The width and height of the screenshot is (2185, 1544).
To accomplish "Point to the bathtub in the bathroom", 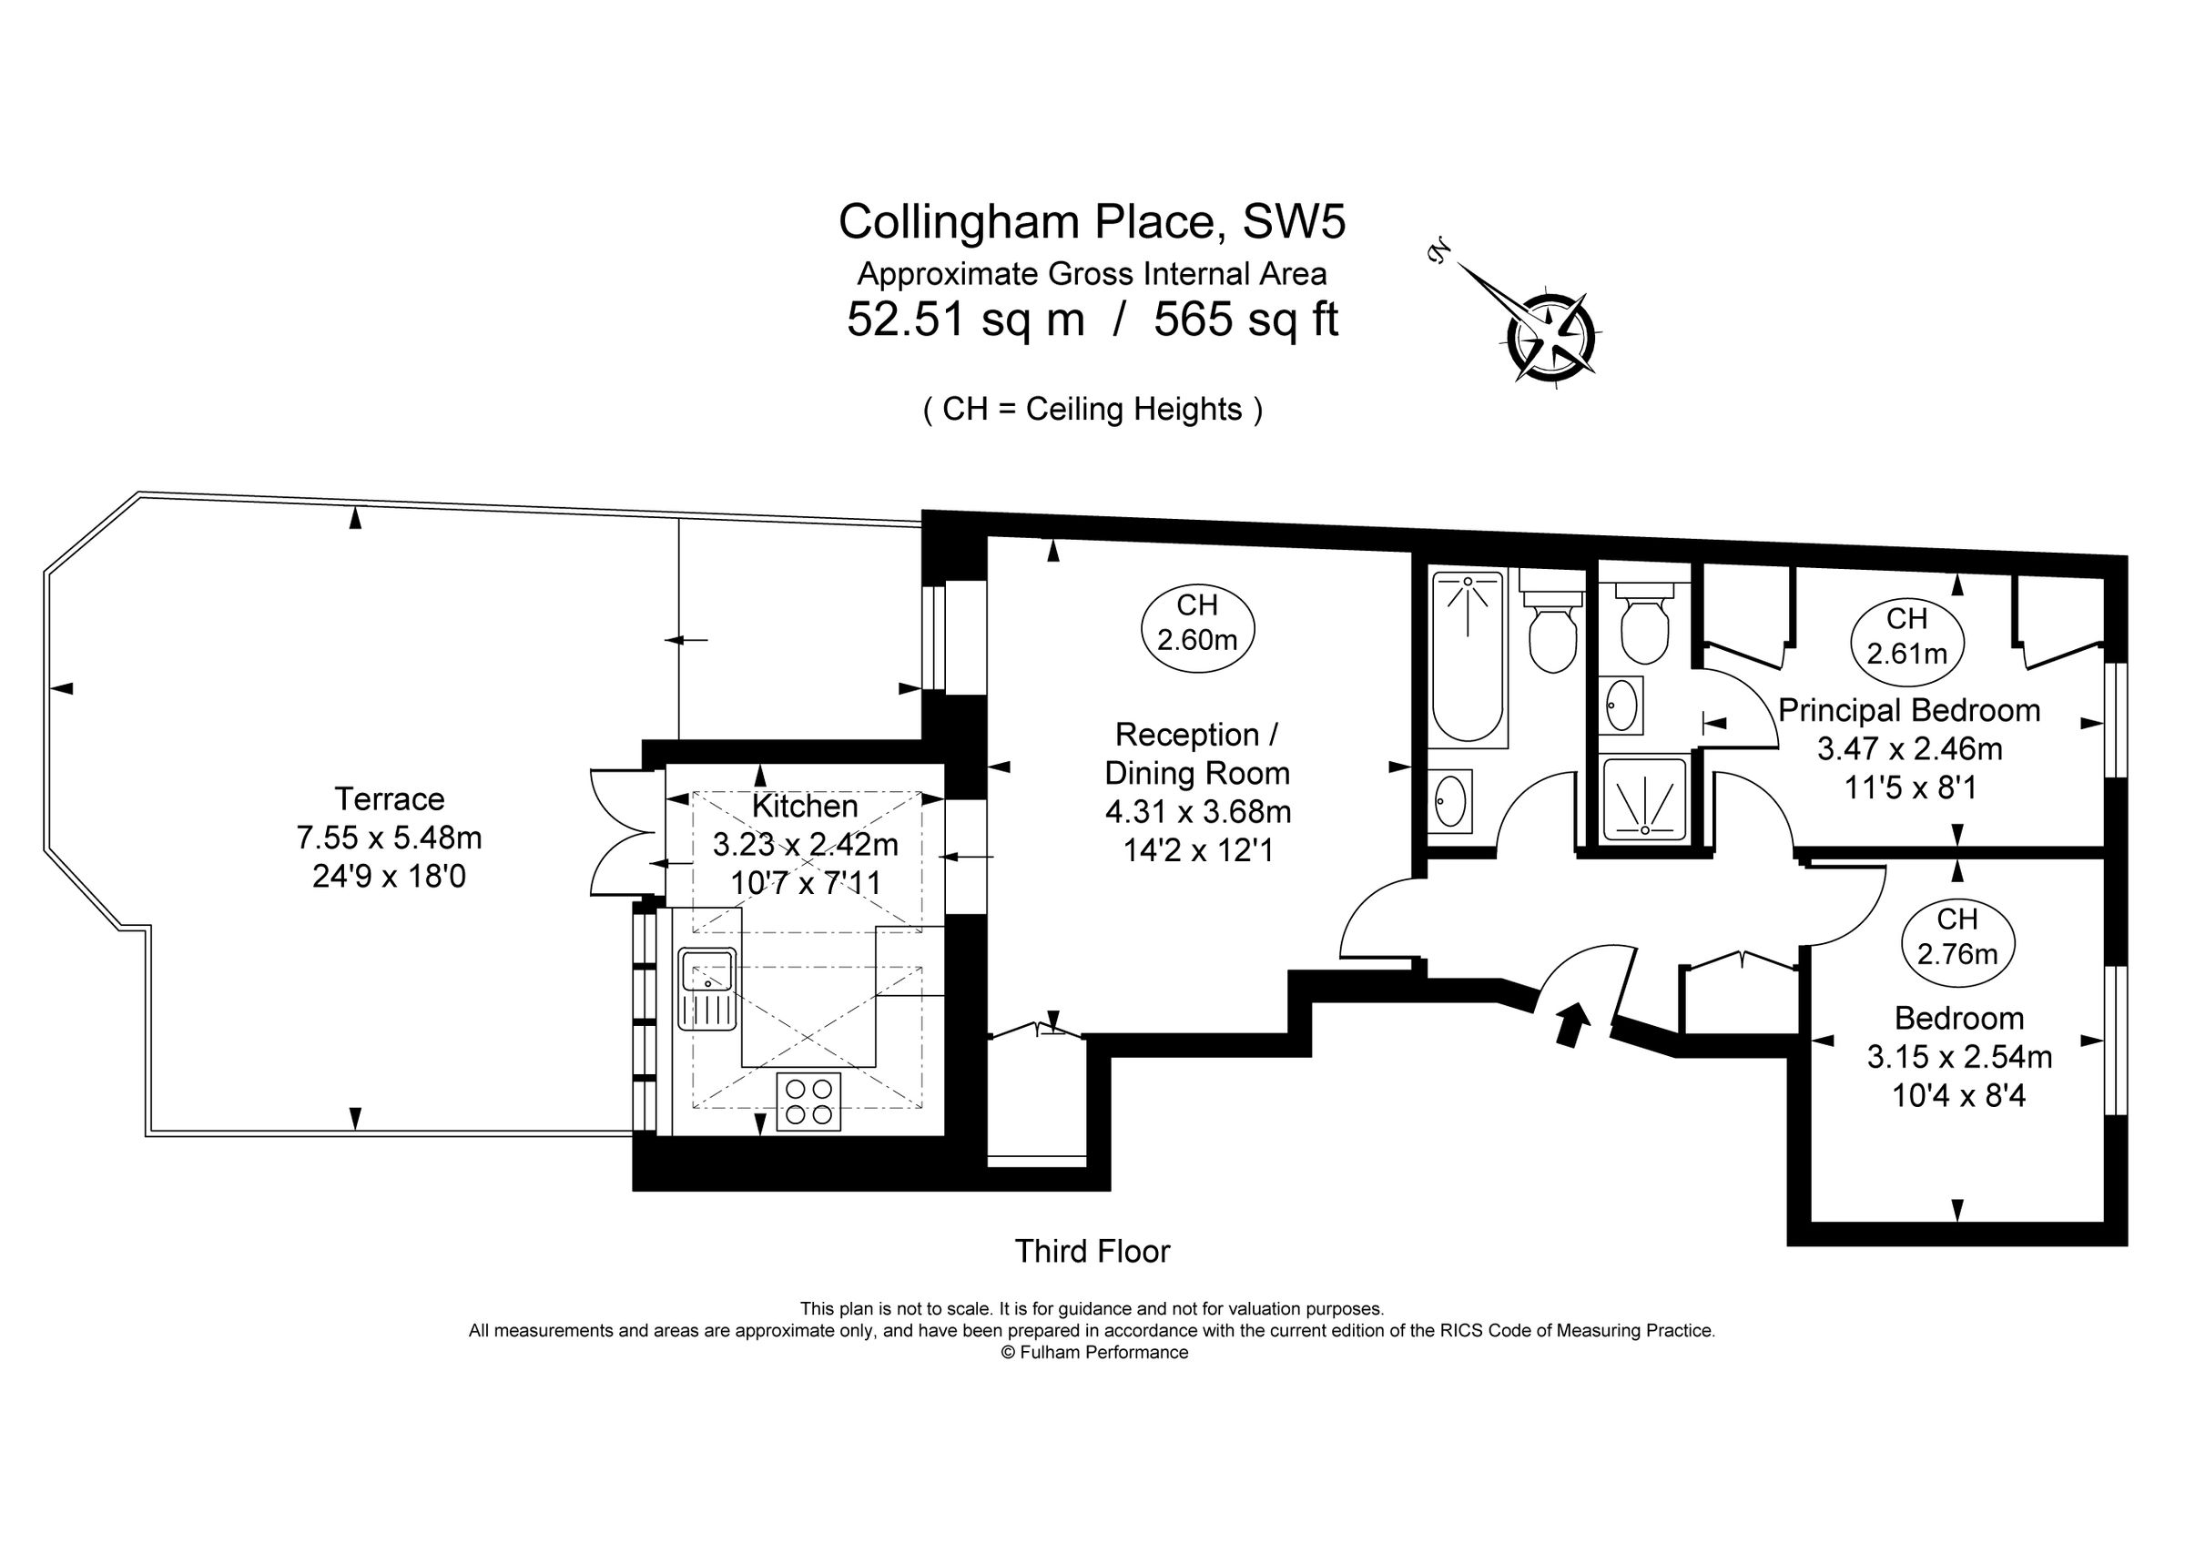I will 1469,656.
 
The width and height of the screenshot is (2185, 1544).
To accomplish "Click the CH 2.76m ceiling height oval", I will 1956,937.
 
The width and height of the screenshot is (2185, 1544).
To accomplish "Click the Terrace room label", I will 390,798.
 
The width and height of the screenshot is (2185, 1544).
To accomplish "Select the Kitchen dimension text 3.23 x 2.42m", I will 805,845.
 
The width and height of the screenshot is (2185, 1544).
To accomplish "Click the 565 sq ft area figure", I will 1245,320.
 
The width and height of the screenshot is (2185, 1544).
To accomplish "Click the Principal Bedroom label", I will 1909,711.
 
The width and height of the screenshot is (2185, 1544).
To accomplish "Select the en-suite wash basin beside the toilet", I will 1620,706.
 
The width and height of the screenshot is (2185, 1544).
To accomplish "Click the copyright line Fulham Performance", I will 1093,1353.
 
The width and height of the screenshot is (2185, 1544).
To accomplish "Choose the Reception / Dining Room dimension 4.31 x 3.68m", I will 1197,811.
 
